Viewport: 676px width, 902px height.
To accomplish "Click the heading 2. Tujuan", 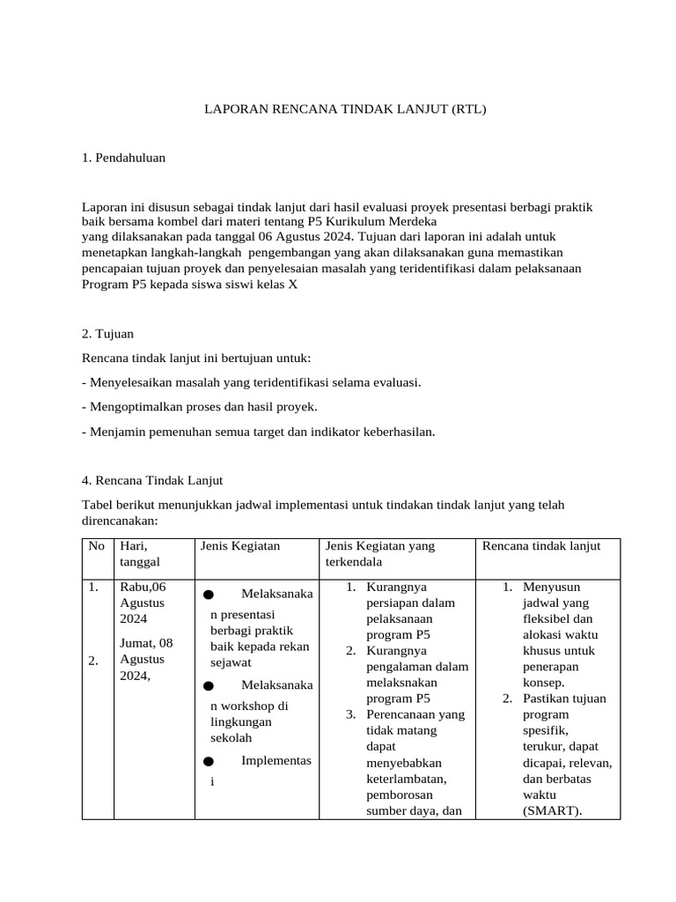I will pyautogui.click(x=107, y=335).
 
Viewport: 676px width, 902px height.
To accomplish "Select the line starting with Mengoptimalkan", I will pyautogui.click(x=199, y=407).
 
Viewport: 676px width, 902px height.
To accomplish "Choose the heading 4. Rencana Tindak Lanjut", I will pyautogui.click(x=152, y=480).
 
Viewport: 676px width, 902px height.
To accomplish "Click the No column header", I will pyautogui.click(x=96, y=546).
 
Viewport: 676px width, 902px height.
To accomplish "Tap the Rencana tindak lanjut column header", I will pyautogui.click(x=541, y=546).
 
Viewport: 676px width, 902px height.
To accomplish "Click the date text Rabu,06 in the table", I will pyautogui.click(x=143, y=587).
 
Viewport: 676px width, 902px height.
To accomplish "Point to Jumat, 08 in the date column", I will pyautogui.click(x=146, y=643).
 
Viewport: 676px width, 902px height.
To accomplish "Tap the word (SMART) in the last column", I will pyautogui.click(x=552, y=810).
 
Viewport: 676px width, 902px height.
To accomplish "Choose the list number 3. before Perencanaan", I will pyautogui.click(x=349, y=713).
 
